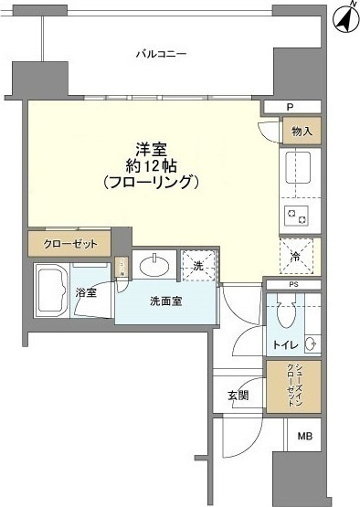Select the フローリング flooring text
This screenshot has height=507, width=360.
point(151,183)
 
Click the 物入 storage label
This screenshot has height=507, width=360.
point(302,132)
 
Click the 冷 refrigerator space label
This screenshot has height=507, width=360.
point(295,257)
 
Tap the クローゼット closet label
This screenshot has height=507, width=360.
point(69,244)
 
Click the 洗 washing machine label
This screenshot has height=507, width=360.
point(198,266)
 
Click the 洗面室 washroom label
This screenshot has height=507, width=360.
point(165,302)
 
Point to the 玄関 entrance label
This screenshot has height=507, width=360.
point(239,396)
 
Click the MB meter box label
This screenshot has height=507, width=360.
point(303,437)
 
